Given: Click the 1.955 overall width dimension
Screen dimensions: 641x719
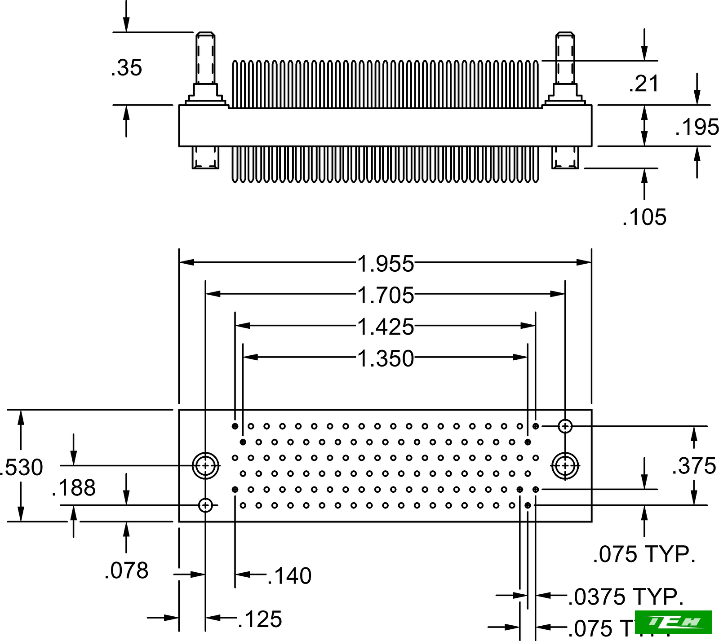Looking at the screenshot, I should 385,264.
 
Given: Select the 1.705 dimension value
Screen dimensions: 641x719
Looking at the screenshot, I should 385,295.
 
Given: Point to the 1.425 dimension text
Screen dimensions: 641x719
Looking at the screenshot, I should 385,327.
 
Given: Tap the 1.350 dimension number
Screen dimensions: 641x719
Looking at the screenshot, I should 385,358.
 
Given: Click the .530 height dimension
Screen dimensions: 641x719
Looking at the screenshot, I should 22,467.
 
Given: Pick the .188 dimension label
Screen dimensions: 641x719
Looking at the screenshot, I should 74,487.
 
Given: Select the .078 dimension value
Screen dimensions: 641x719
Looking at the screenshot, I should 126,570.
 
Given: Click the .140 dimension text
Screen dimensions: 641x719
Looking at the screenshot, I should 289,576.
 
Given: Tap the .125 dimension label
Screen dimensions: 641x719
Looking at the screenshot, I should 260,619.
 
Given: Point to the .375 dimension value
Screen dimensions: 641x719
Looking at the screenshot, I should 694,465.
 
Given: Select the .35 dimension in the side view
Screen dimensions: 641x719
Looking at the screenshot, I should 126,68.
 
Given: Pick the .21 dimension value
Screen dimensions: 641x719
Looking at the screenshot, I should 644,84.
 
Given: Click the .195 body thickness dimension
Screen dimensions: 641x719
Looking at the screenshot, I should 697,127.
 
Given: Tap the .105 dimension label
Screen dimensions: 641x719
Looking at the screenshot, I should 644,217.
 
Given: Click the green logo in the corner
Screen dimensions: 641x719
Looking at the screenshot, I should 674,622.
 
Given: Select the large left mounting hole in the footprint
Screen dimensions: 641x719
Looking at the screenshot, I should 205,466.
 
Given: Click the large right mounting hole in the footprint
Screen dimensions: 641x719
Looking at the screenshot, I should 565,466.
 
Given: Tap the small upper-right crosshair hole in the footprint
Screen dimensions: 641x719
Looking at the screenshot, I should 565,426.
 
